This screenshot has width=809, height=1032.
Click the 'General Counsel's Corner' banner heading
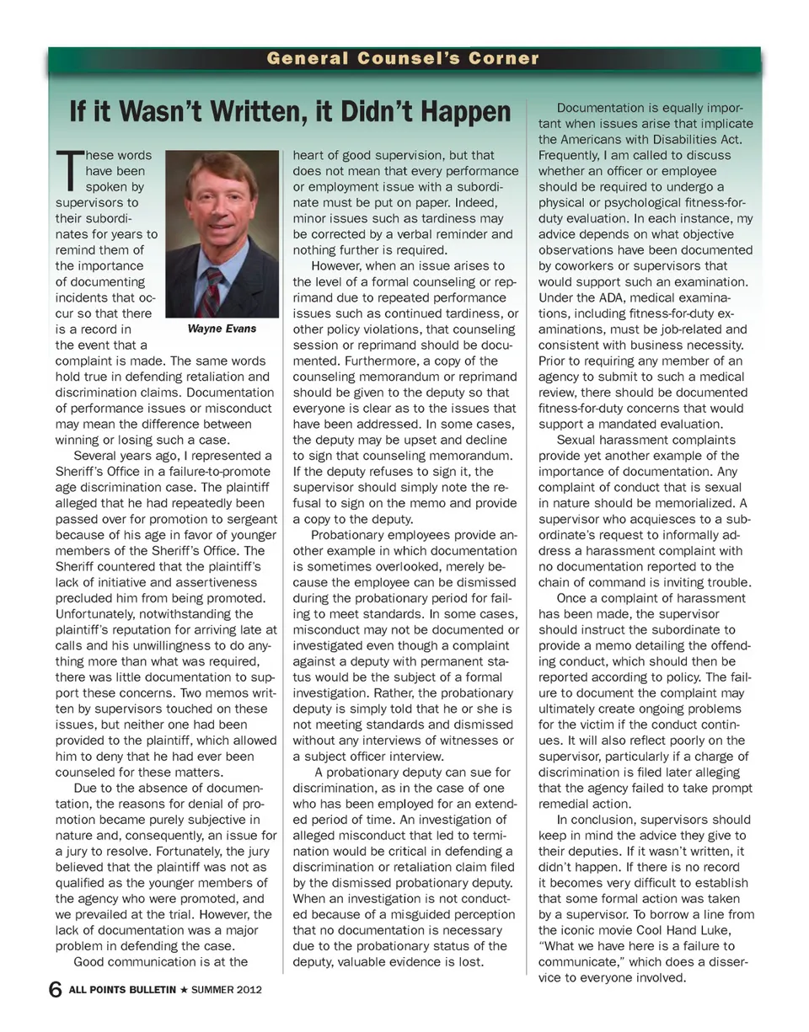403,59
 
